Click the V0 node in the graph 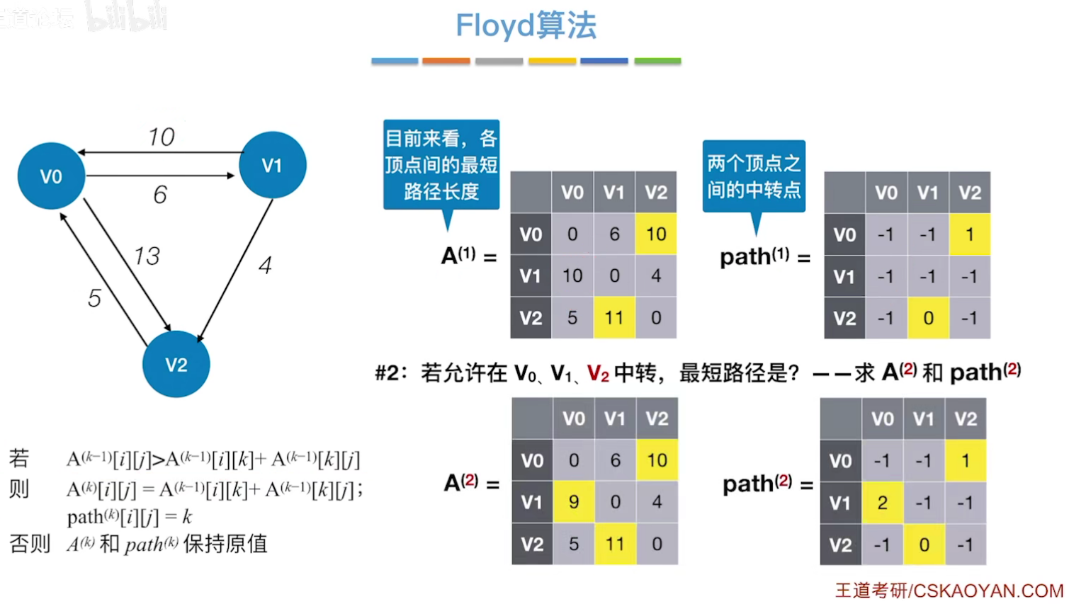click(51, 176)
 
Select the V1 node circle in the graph click(272, 165)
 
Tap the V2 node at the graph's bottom click(176, 364)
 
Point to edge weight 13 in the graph click(147, 256)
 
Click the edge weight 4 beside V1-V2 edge click(265, 266)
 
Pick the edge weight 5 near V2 click(94, 298)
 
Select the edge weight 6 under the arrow click(160, 195)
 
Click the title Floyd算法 click(526, 26)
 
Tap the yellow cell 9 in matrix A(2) click(574, 502)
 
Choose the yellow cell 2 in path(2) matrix click(882, 503)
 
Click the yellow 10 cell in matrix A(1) click(656, 234)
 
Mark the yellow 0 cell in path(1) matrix click(928, 318)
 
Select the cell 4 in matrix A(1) click(656, 275)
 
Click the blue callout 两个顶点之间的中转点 click(754, 176)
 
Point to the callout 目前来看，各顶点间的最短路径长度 click(441, 165)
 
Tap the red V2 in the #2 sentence click(598, 372)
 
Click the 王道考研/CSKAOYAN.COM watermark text click(949, 590)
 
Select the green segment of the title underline click(657, 62)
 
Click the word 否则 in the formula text click(30, 544)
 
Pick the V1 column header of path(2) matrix click(924, 419)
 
